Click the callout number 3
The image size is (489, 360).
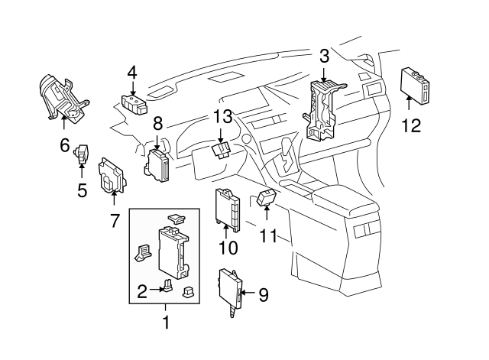pos(324,55)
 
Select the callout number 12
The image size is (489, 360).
pos(411,125)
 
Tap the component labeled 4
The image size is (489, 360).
pos(134,102)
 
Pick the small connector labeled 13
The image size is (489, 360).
pos(222,148)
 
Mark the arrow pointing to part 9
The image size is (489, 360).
pos(247,292)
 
